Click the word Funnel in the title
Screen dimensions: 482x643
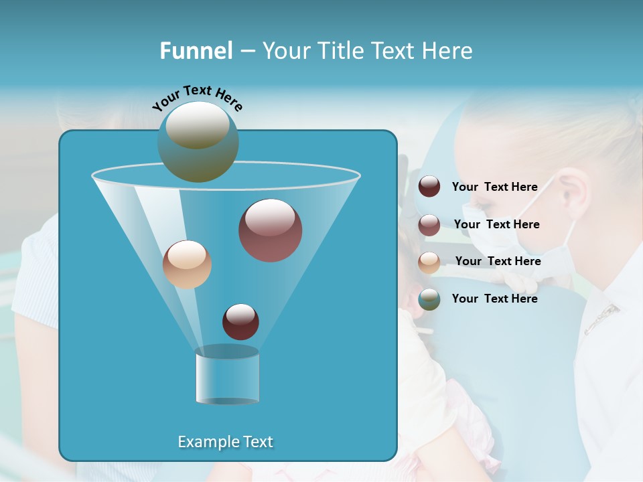pos(196,51)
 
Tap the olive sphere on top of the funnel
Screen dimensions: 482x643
pos(198,141)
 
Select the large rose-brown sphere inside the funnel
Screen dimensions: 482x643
pos(270,230)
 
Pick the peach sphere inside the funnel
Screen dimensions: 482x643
pos(187,264)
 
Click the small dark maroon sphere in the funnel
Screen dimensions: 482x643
pos(240,321)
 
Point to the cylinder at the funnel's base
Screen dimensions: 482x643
pos(227,375)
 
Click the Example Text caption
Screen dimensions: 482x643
pos(225,442)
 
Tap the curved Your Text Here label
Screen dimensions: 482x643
pos(197,96)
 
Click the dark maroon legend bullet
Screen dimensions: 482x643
pos(429,187)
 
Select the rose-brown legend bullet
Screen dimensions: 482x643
pos(429,225)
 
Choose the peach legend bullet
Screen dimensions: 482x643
pos(429,262)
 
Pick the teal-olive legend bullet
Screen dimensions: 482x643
pos(429,299)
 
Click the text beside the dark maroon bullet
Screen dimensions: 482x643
pos(494,187)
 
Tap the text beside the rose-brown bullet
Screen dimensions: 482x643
pos(496,224)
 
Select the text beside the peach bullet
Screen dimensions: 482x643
pos(498,261)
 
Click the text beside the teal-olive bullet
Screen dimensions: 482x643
pos(494,299)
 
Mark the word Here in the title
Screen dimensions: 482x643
pos(449,51)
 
